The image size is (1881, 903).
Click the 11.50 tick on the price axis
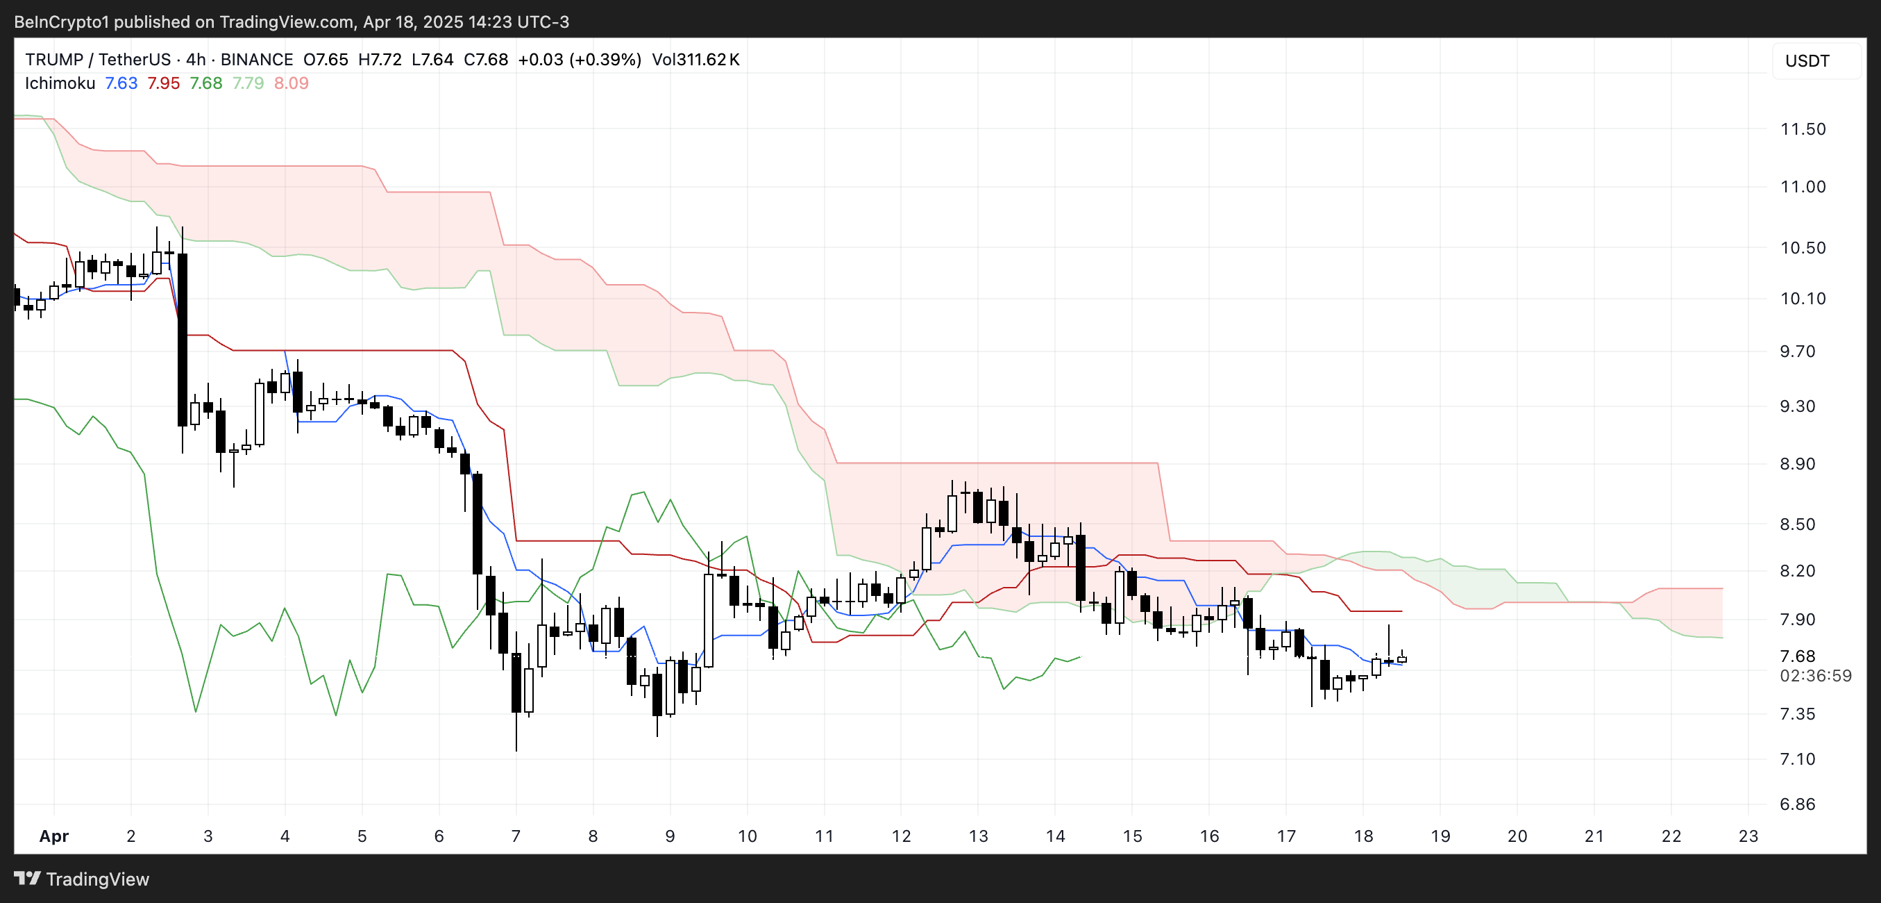click(x=1802, y=129)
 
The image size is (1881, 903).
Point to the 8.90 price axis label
click(x=1797, y=464)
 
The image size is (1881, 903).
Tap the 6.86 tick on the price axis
click(x=1797, y=804)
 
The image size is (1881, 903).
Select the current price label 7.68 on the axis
click(x=1797, y=656)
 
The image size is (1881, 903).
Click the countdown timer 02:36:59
click(x=1815, y=676)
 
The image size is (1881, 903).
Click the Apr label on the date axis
click(x=53, y=836)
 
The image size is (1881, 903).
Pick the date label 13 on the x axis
click(x=978, y=836)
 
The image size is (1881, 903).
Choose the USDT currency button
click(x=1807, y=60)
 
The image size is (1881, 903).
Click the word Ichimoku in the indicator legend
click(x=60, y=83)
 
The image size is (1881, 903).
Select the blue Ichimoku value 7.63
click(x=121, y=83)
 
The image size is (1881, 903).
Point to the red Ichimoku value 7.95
click(x=164, y=83)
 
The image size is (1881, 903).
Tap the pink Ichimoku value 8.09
click(x=292, y=83)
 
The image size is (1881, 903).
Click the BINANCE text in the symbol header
click(x=256, y=59)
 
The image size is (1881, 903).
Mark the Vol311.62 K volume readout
click(x=695, y=59)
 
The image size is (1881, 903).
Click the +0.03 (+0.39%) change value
click(x=579, y=59)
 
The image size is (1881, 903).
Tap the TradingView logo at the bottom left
click(x=82, y=879)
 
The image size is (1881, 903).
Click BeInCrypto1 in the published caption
click(x=61, y=22)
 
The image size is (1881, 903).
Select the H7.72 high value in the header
click(x=380, y=59)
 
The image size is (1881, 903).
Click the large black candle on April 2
click(x=183, y=340)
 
